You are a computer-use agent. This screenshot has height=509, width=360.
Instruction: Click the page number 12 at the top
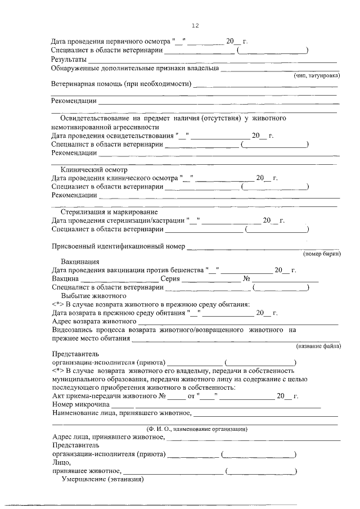point(195,26)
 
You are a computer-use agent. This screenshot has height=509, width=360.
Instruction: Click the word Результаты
point(69,59)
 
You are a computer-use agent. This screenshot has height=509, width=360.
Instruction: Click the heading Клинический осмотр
point(94,169)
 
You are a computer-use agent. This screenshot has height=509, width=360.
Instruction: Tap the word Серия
point(170,278)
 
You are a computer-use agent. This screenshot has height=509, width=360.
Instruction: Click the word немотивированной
point(83,127)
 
